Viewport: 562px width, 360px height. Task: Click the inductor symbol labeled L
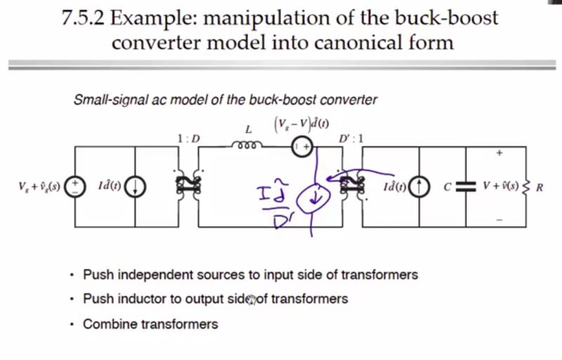[x=247, y=146]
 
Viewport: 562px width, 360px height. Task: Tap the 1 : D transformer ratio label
[x=189, y=139]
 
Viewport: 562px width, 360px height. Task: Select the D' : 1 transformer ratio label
[x=351, y=139]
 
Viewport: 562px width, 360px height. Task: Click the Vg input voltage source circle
[x=75, y=186]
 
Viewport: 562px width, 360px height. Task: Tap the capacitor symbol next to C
[x=462, y=186]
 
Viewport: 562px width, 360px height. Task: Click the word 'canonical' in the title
[x=337, y=42]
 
